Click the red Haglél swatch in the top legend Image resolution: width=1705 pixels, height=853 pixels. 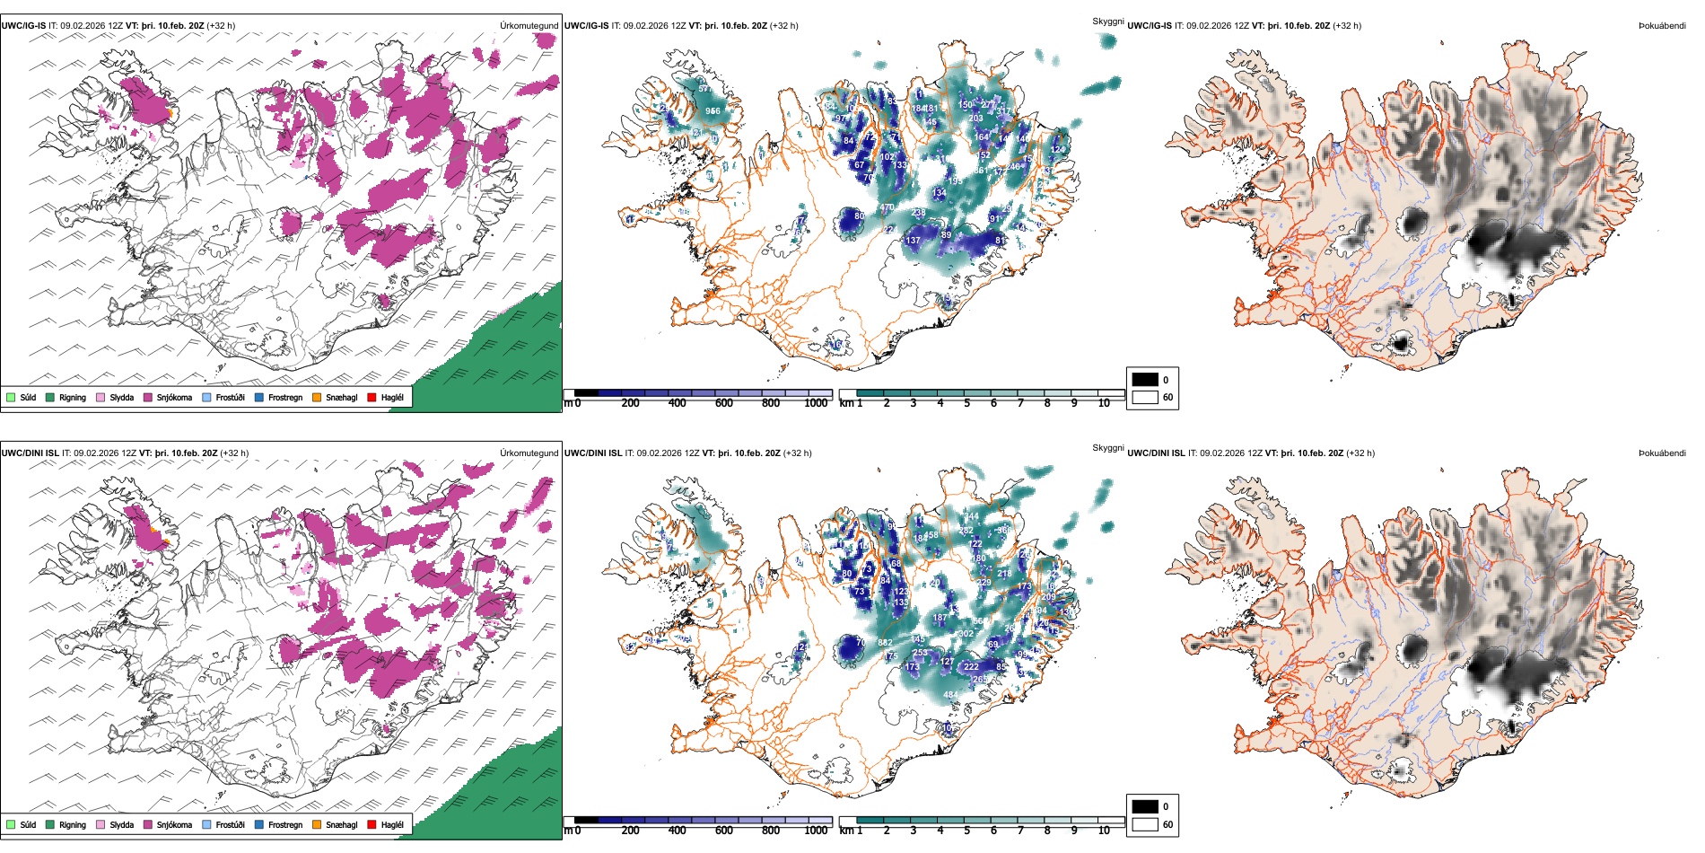coord(372,397)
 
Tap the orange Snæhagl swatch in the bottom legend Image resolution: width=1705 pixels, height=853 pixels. coord(317,824)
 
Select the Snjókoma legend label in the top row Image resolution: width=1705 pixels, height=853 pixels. coord(174,397)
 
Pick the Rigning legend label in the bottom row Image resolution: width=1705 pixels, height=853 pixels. coord(73,824)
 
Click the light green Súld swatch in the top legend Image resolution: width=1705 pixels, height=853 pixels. coord(11,397)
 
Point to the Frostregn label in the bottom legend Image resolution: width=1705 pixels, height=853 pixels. coord(285,824)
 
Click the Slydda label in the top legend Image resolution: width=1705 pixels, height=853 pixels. coord(122,397)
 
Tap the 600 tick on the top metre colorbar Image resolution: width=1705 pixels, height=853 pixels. coord(724,403)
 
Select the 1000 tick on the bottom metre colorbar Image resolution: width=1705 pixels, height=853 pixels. coord(816,831)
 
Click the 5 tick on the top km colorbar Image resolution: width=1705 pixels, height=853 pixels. coord(966,403)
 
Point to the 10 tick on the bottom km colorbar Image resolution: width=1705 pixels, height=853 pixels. coord(1104,831)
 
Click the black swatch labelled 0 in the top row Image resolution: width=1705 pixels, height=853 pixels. coord(1145,380)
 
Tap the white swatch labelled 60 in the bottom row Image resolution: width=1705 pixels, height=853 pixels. coord(1145,824)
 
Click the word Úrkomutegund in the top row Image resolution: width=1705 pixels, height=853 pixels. coord(529,26)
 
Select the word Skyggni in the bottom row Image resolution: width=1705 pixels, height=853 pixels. coord(1107,448)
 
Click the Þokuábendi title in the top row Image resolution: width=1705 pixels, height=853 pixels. coord(1662,26)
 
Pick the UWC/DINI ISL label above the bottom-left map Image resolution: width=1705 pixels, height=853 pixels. coord(30,453)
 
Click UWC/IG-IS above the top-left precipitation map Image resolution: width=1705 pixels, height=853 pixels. coord(23,26)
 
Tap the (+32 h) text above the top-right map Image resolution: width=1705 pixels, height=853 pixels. coord(1347,26)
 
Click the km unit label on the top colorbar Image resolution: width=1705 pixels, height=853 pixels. coord(845,403)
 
